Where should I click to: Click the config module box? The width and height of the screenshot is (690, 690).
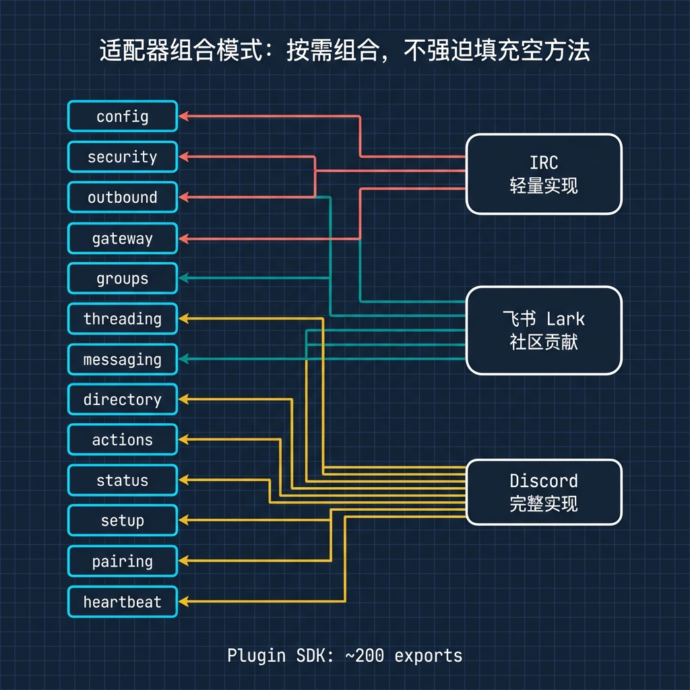click(x=122, y=117)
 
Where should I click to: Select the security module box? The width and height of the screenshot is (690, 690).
click(x=122, y=157)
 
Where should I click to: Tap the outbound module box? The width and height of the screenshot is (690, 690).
click(x=122, y=197)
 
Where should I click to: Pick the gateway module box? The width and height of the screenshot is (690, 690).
click(x=122, y=238)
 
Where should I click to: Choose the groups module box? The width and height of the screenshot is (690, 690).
click(x=122, y=278)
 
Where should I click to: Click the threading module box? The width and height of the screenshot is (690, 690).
click(x=122, y=319)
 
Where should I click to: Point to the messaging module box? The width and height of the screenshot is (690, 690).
click(x=122, y=359)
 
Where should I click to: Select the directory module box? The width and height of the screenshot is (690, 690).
click(x=122, y=400)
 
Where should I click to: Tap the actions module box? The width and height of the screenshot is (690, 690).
click(x=122, y=440)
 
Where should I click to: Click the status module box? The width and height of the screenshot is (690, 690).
click(x=122, y=480)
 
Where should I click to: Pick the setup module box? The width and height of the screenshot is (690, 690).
click(x=122, y=521)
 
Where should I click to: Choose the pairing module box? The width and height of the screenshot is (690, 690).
click(x=122, y=561)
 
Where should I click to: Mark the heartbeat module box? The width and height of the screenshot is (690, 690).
click(x=122, y=602)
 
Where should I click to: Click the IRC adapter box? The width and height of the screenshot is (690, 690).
click(x=544, y=174)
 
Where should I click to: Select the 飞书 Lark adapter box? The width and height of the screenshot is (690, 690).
click(x=544, y=330)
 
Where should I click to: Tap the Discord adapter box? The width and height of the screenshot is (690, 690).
click(x=544, y=492)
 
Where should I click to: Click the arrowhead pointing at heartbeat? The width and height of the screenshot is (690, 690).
click(x=183, y=601)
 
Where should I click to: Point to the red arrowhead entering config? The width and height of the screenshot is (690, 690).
click(x=183, y=116)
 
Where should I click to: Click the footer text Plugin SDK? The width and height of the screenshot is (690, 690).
click(x=265, y=655)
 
